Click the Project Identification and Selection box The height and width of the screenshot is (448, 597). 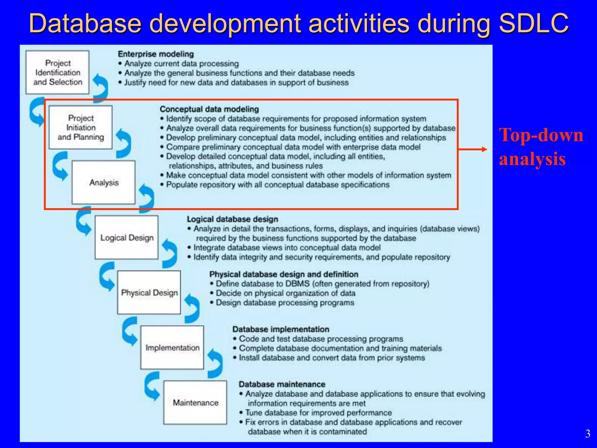pos(57,72)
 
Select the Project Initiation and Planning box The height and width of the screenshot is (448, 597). pos(80,127)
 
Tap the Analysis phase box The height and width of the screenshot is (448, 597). pos(104,183)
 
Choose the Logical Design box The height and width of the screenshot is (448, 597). pos(127,238)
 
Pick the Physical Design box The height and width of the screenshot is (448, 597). pos(149,293)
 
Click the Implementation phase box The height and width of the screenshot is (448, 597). pos(172,348)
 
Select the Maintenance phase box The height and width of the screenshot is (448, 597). pos(195,402)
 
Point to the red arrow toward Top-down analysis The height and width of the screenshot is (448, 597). pos(472,149)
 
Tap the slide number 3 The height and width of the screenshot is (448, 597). pos(588,434)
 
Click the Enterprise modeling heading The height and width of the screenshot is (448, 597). pos(156,54)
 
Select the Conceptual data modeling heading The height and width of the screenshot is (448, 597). pos(209,109)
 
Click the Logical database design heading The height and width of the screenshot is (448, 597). pos(232,219)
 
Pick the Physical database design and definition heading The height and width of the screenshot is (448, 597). pos(284,274)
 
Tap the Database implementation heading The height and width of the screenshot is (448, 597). pos(281,329)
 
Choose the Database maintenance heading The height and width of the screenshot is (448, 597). pos(282,384)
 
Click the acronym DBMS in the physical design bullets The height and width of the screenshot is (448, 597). pos(297,284)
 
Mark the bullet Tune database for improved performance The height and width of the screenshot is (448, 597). pos(318,413)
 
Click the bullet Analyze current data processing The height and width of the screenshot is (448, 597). pos(181,64)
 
